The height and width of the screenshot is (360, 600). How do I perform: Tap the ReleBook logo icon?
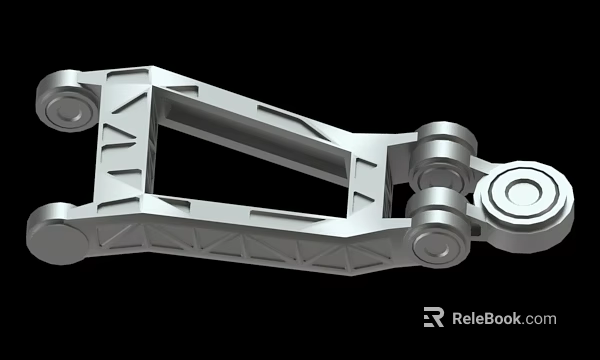[433, 318]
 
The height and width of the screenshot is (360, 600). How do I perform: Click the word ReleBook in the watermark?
[486, 319]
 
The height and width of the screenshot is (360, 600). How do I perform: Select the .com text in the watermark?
[539, 319]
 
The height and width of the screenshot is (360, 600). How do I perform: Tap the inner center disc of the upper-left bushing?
[68, 110]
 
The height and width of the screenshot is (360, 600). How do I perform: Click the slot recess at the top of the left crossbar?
[131, 75]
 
